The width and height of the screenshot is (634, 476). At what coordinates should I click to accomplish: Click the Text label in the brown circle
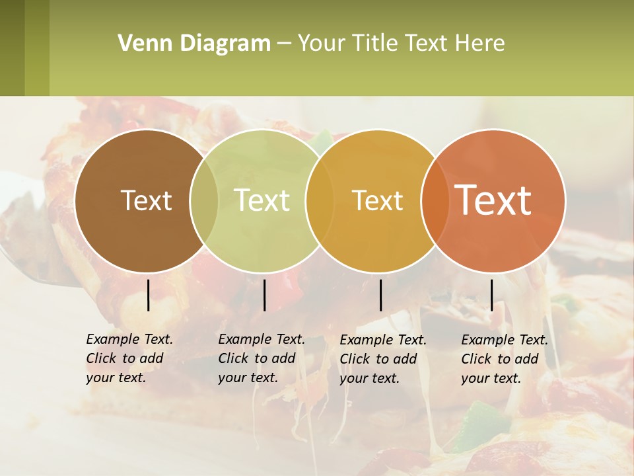pyautogui.click(x=146, y=200)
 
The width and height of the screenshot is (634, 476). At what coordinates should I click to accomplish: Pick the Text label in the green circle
pyautogui.click(x=262, y=200)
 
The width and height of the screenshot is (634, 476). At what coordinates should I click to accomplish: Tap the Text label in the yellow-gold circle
pyautogui.click(x=377, y=200)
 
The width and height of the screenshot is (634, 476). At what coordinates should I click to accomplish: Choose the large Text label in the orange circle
pyautogui.click(x=493, y=200)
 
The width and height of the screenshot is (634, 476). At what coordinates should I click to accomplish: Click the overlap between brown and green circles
pyautogui.click(x=204, y=201)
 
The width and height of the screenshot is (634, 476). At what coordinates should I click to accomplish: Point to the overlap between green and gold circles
pyautogui.click(x=320, y=201)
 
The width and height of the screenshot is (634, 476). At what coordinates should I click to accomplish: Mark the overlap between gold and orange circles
pyautogui.click(x=435, y=201)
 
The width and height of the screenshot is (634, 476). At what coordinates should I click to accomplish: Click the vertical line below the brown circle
pyautogui.click(x=148, y=295)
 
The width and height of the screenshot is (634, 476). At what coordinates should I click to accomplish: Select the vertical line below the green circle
pyautogui.click(x=264, y=295)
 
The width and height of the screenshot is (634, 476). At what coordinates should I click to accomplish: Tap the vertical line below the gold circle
pyautogui.click(x=380, y=295)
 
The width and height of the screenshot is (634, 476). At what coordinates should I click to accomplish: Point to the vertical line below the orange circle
pyautogui.click(x=491, y=295)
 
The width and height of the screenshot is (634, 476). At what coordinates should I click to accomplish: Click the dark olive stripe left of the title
pyautogui.click(x=12, y=48)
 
